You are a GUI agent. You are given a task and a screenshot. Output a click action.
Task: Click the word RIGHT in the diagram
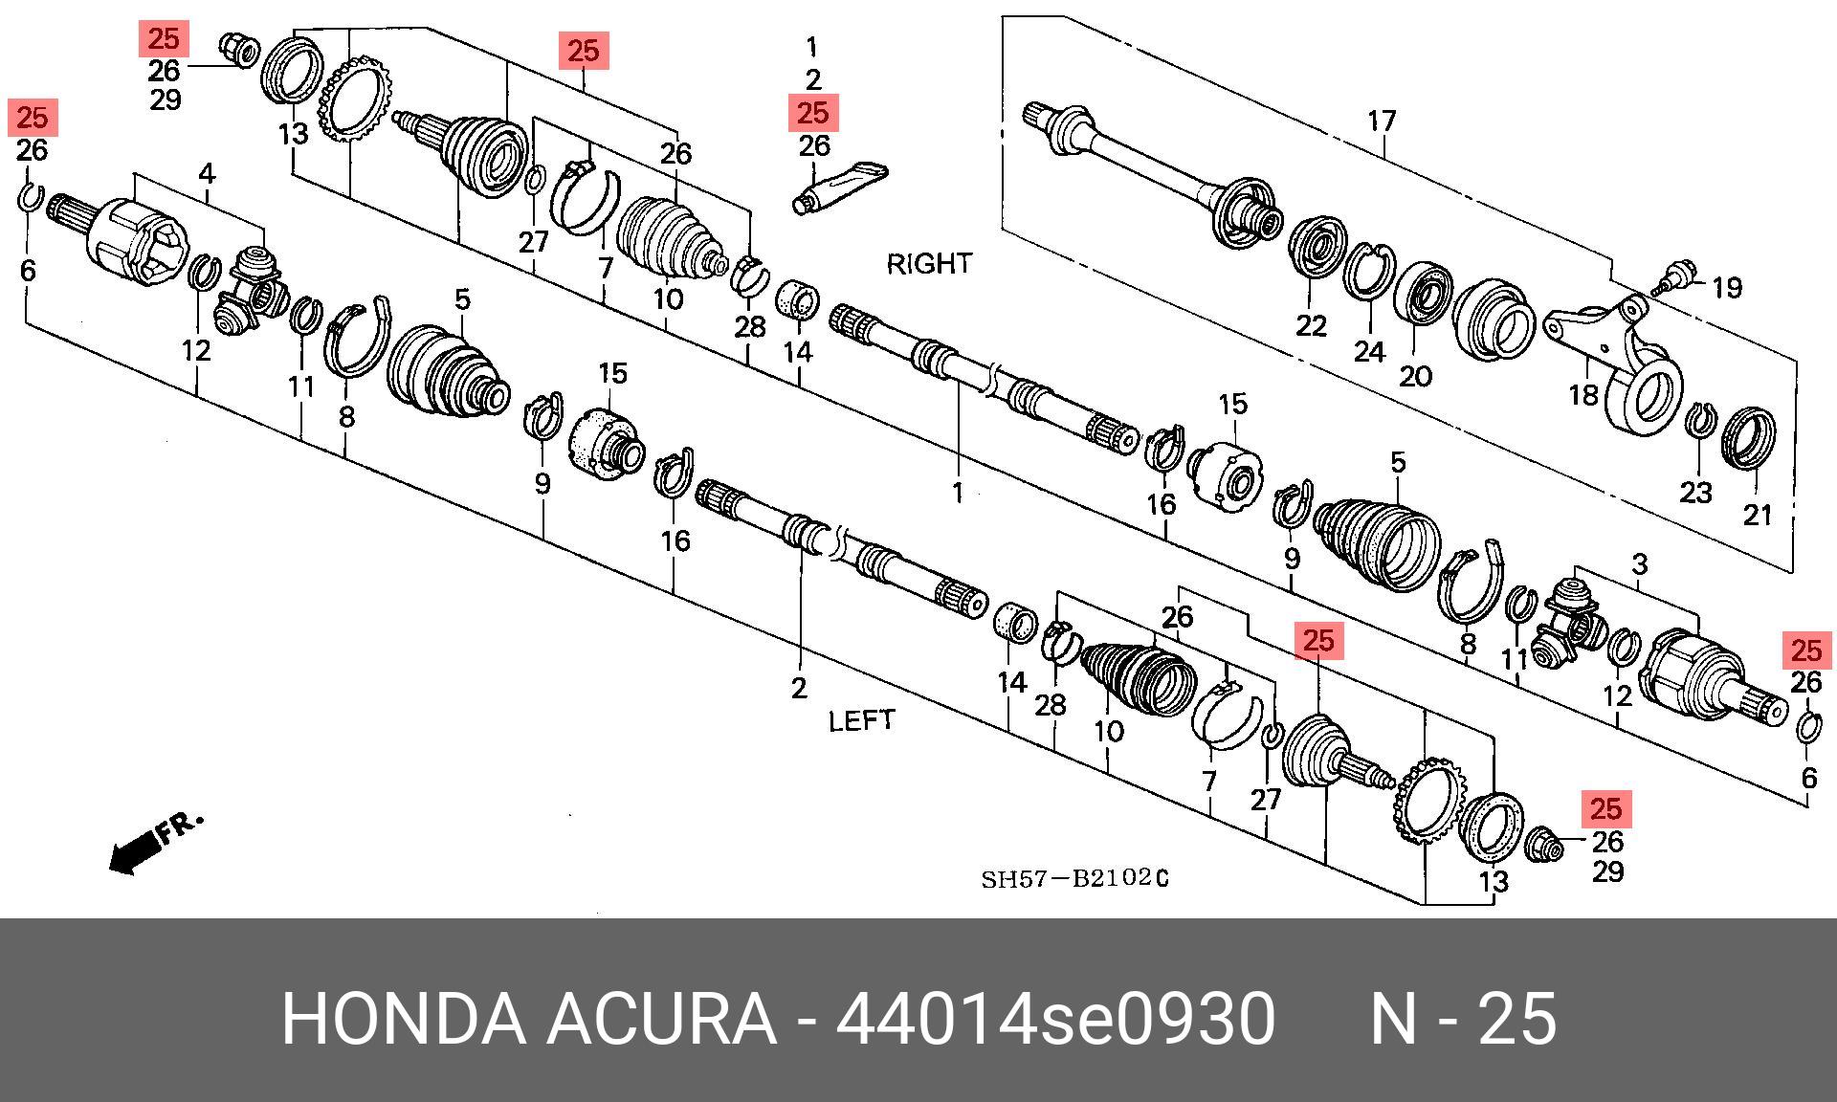(x=928, y=263)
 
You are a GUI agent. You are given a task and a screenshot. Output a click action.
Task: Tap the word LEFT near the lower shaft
(x=861, y=720)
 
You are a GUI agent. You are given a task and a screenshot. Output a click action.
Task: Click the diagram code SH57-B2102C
(x=1073, y=878)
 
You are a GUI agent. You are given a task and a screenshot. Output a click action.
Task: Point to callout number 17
(x=1382, y=121)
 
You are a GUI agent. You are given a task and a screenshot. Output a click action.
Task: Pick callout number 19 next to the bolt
(x=1727, y=287)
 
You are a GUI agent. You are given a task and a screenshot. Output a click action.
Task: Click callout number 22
(x=1311, y=326)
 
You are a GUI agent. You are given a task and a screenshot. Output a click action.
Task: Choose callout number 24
(x=1369, y=351)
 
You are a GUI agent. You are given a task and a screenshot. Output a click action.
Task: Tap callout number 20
(x=1415, y=376)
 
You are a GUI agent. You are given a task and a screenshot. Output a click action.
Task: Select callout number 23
(x=1695, y=493)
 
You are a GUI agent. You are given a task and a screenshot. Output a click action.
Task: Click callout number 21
(x=1758, y=516)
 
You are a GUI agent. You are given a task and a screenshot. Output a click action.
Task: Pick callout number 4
(x=207, y=174)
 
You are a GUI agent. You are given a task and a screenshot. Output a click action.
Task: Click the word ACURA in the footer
(x=660, y=1020)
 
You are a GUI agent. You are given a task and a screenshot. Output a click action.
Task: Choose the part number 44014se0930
(x=1055, y=1020)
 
